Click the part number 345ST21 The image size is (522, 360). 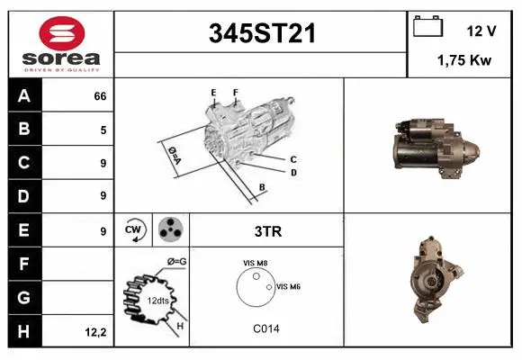tap(262, 34)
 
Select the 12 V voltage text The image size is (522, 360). tap(481, 31)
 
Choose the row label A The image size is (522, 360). tap(24, 96)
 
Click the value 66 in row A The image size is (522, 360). tap(100, 96)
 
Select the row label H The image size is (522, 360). tap(24, 331)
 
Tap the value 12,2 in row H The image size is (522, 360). tap(96, 332)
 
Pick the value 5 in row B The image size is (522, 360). tap(103, 130)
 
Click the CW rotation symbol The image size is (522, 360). tap(134, 229)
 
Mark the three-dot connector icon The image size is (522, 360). tap(169, 229)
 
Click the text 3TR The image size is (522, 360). tap(268, 231)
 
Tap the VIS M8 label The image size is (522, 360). tap(256, 263)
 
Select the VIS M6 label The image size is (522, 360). tap(288, 286)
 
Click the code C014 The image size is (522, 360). tap(265, 329)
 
